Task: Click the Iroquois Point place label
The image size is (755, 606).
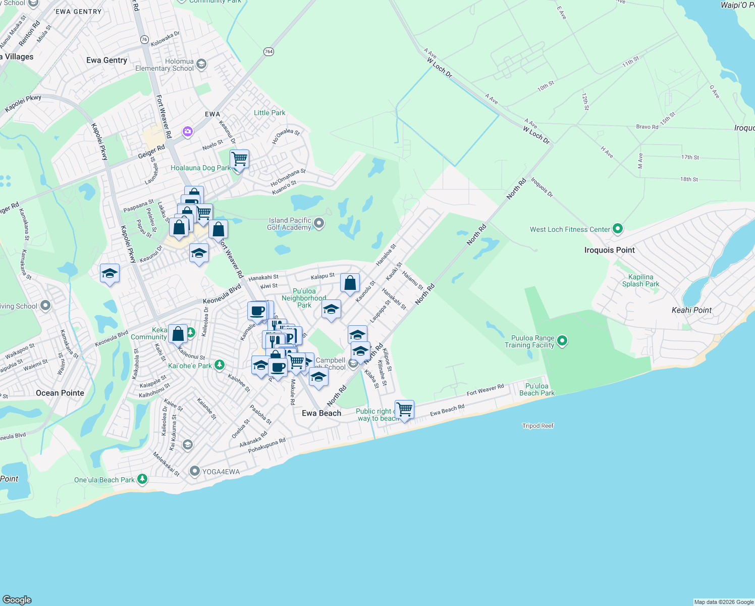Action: [609, 250]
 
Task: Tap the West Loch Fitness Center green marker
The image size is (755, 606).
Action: [618, 229]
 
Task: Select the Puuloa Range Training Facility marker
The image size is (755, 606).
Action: [562, 341]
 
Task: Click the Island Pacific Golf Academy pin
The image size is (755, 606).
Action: [319, 223]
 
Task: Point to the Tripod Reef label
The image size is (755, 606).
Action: [537, 426]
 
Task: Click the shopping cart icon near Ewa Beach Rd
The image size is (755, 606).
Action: [405, 409]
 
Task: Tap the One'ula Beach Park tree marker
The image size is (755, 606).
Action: [142, 479]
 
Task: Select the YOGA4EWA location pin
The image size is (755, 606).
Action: [195, 472]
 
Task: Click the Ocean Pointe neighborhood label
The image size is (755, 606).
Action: [60, 393]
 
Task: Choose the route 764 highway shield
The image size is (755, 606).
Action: [268, 52]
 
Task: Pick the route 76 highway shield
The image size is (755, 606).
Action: [145, 39]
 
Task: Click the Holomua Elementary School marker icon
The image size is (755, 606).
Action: [201, 64]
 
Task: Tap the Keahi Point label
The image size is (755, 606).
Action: [691, 310]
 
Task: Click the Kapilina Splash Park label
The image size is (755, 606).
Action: [640, 280]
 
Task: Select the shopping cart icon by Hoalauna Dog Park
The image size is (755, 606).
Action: [240, 159]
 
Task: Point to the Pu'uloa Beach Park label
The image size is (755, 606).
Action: [536, 389]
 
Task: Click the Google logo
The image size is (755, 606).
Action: [17, 599]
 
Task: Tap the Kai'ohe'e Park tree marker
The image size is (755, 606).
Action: [219, 365]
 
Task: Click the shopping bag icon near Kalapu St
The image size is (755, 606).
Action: [350, 283]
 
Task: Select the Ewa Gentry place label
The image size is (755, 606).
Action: [106, 60]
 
